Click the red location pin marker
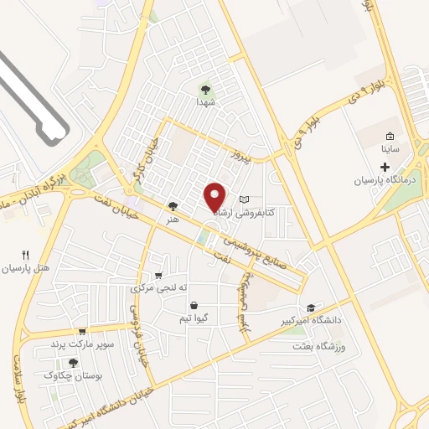(216, 196)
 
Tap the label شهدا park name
(206, 101)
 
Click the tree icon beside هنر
(173, 205)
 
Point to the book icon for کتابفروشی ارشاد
(244, 199)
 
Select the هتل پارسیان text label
(26, 269)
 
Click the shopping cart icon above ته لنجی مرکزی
(158, 275)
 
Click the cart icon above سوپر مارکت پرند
(81, 331)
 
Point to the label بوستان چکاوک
(72, 376)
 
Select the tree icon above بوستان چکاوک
(73, 363)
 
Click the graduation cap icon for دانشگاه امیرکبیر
(311, 308)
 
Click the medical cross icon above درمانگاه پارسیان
(385, 168)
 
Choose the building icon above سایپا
(390, 136)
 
